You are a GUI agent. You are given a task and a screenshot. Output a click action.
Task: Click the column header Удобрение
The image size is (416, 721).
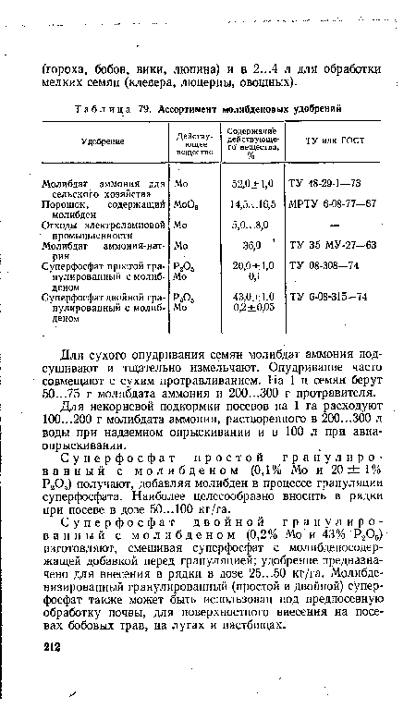point(95,140)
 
